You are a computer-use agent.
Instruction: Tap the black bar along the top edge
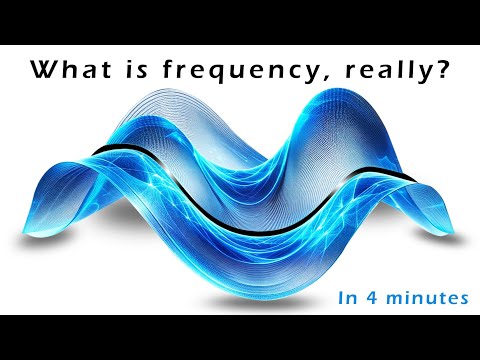point(240,20)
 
